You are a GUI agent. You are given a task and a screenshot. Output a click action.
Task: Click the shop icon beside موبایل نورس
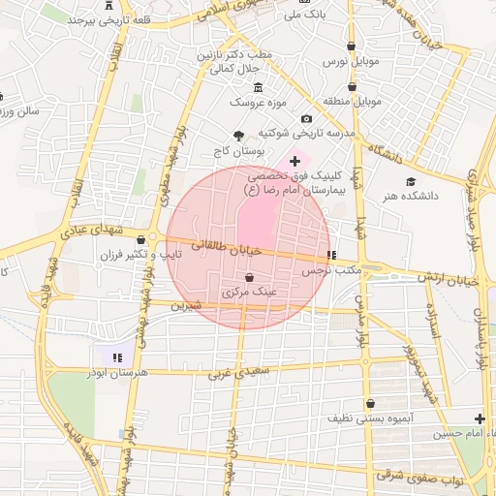click(350, 46)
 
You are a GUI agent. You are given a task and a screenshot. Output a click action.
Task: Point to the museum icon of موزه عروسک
click(258, 87)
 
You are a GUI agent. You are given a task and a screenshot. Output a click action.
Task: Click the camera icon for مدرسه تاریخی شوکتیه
click(306, 118)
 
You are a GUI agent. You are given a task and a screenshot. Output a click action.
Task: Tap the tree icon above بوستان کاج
click(239, 136)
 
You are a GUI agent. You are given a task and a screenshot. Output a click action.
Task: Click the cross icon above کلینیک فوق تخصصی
click(294, 161)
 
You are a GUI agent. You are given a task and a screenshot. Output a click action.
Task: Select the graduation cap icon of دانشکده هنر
click(411, 181)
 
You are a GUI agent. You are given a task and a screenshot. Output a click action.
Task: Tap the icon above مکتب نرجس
click(332, 256)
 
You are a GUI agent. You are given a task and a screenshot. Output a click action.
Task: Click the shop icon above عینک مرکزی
click(250, 277)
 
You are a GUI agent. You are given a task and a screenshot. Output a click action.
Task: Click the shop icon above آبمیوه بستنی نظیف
click(370, 403)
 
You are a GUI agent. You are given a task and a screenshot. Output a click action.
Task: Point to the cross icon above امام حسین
click(480, 418)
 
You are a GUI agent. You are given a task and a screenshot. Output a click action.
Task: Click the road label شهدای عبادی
click(85, 232)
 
